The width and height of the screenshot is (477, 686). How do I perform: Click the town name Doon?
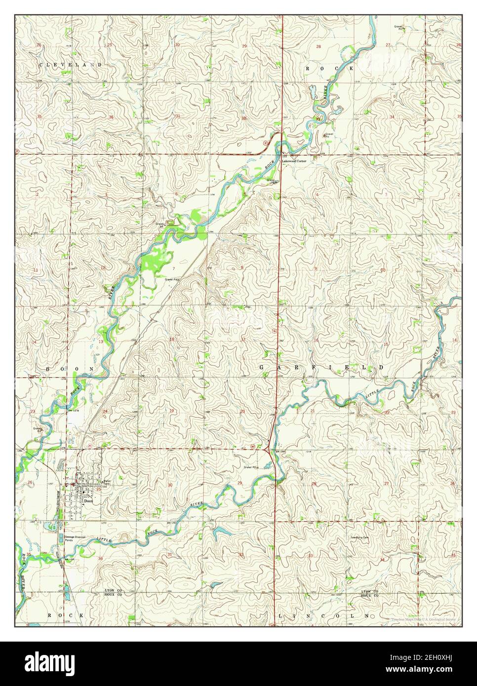click(88, 500)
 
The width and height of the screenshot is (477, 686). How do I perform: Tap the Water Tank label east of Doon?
click(106, 482)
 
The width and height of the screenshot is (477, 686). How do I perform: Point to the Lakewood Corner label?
click(294, 161)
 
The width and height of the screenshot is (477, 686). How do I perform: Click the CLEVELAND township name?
click(71, 65)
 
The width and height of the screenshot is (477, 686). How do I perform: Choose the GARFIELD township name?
click(321, 368)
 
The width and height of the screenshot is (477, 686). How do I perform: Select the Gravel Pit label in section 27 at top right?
click(398, 28)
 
